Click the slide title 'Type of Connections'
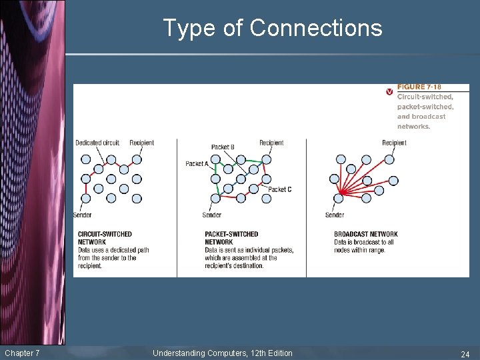tap(273, 28)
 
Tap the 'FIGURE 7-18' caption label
tap(419, 87)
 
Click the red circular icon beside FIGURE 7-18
tap(389, 91)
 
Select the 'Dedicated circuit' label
tap(97, 143)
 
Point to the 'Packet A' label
tap(197, 163)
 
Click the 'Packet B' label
tap(223, 147)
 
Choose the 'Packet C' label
tap(279, 189)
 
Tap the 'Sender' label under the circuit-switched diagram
tap(83, 215)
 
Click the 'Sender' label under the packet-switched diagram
tap(211, 215)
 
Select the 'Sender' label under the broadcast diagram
tap(335, 215)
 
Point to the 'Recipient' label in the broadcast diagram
tap(394, 143)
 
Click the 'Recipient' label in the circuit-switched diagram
tap(141, 143)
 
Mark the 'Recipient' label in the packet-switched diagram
tap(271, 143)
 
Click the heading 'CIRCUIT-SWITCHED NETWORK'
tap(105, 238)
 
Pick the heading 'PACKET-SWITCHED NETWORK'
tap(231, 238)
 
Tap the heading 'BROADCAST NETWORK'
tap(366, 234)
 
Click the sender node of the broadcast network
tap(339, 197)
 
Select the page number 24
tap(465, 353)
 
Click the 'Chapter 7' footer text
tap(22, 353)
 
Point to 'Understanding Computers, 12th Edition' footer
tap(222, 353)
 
